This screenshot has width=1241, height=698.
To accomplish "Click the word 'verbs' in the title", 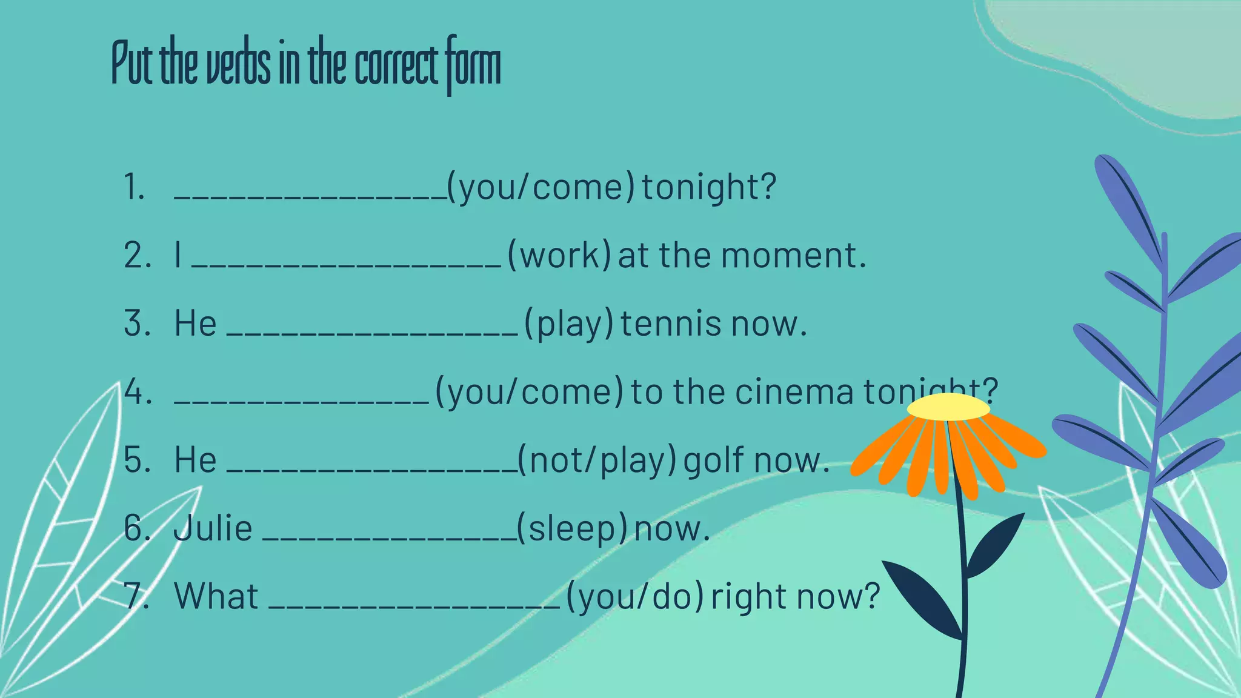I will point(238,65).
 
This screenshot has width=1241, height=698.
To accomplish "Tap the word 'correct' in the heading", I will point(396,65).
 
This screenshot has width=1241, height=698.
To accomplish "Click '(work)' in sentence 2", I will point(559,255).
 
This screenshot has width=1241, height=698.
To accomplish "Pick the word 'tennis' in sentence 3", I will point(671,324).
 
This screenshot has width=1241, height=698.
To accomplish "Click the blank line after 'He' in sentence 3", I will point(373,333).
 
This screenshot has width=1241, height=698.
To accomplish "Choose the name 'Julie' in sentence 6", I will point(213,528).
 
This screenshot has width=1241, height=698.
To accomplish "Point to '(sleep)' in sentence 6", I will point(572,528).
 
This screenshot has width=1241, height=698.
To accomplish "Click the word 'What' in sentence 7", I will point(216,596).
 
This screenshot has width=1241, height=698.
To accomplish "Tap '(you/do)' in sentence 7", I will point(635,597).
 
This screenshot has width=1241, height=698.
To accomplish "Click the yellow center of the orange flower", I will point(948,407).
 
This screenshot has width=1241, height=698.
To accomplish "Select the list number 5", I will point(137,460).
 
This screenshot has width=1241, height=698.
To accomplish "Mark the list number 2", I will point(137,255).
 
